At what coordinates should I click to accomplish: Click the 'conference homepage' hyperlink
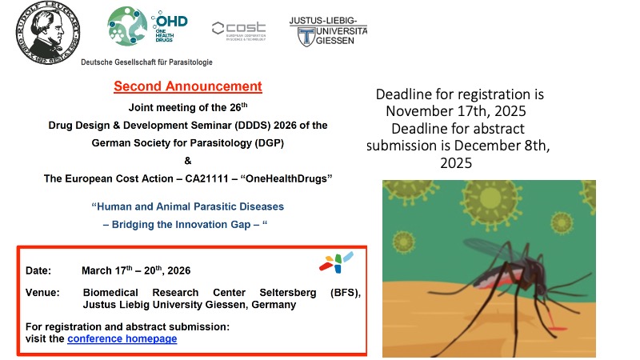pyautogui.click(x=122, y=338)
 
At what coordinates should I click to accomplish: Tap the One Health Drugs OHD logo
pyautogui.click(x=147, y=27)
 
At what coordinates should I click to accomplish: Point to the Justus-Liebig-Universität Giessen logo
pyautogui.click(x=329, y=30)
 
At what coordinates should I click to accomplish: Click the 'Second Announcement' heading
pyautogui.click(x=187, y=86)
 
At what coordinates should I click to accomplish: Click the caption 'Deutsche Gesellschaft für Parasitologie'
pyautogui.click(x=153, y=62)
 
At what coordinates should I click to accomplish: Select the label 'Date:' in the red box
pyautogui.click(x=38, y=270)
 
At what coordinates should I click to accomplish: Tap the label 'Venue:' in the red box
pyautogui.click(x=42, y=293)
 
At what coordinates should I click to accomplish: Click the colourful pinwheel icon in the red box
pyautogui.click(x=337, y=262)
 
